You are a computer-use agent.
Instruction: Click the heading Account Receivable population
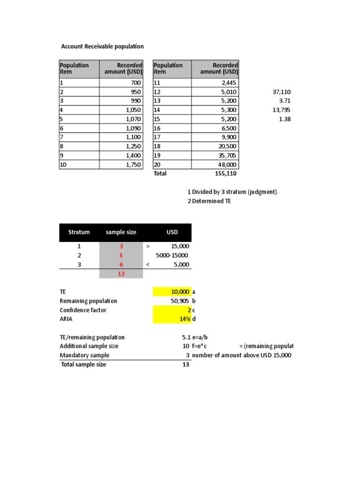coord(103,46)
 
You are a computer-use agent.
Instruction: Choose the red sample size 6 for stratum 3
coord(121,264)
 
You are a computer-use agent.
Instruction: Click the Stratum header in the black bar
coord(79,232)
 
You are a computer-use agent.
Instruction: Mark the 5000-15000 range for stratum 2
coord(172,255)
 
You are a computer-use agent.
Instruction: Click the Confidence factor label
coord(83,310)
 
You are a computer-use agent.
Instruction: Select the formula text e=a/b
coord(202,337)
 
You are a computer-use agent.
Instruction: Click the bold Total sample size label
coord(83,364)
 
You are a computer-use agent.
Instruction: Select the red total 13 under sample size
coord(121,274)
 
